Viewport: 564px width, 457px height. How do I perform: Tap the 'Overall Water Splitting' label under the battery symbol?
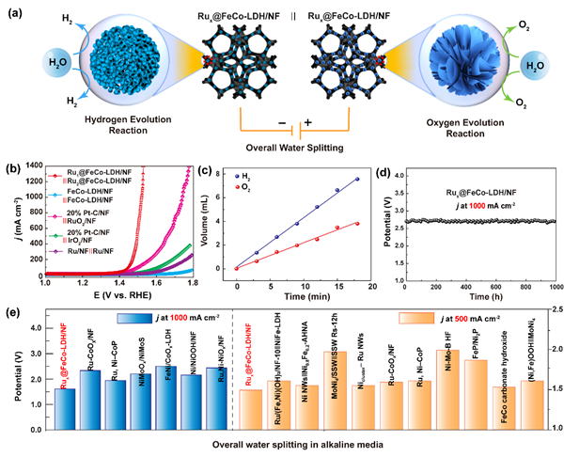279,149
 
